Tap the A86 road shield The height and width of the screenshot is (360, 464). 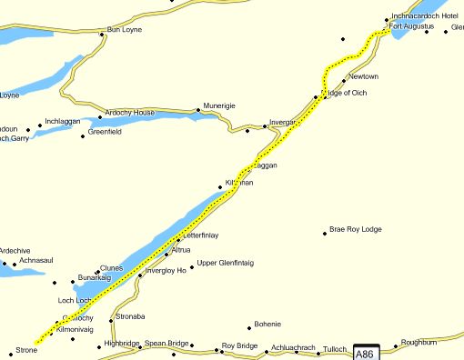(x=364, y=352)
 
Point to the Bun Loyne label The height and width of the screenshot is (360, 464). (x=126, y=30)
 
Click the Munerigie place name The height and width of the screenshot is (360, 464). (x=219, y=106)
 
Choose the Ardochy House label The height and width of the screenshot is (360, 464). (x=131, y=113)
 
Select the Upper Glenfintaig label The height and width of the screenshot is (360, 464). (x=226, y=263)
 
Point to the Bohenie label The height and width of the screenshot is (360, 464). (x=267, y=324)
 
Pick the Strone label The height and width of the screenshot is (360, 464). (x=26, y=349)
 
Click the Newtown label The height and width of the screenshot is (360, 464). (x=363, y=77)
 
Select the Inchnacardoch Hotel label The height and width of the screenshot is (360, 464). (x=424, y=16)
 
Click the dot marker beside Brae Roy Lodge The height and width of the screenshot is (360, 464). (x=324, y=233)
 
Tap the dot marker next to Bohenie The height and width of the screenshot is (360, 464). (x=248, y=327)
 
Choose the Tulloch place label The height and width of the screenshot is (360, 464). (x=335, y=349)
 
